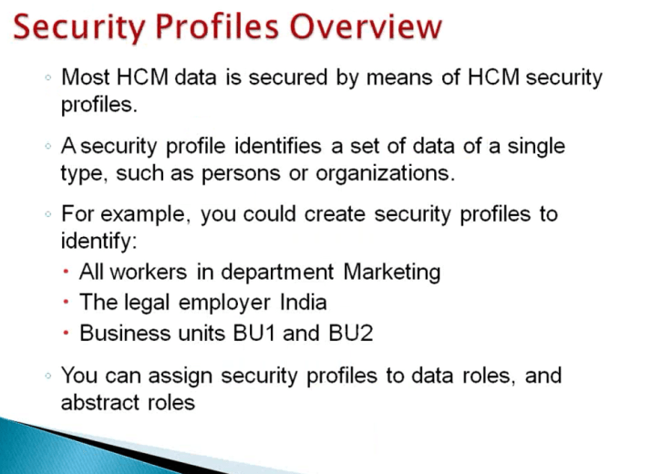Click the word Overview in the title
coord(363,28)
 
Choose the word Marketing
coord(392,272)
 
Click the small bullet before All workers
coord(67,273)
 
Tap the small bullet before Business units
coord(67,334)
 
